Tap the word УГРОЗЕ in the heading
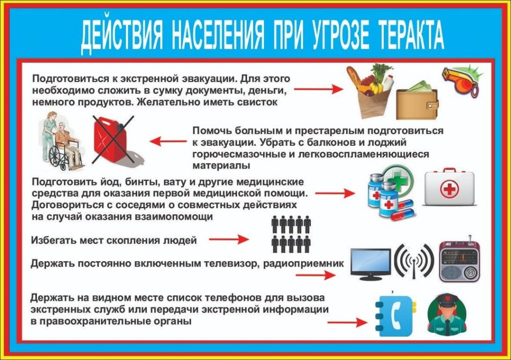click(340, 34)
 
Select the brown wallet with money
click(417, 101)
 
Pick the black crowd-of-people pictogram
click(291, 234)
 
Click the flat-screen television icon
click(371, 264)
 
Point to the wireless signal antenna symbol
click(414, 261)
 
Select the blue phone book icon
click(395, 316)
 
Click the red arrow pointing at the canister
click(168, 141)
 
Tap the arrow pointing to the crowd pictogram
click(229, 239)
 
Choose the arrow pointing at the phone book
click(347, 323)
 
